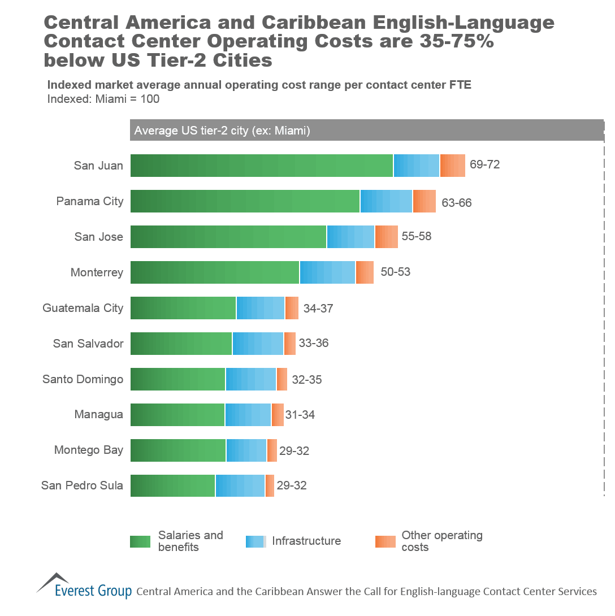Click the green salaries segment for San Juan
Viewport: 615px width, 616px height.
(262, 166)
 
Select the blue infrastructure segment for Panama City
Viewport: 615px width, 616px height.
(386, 201)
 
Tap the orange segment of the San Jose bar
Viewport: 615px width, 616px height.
(386, 237)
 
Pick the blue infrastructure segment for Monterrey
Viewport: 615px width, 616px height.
(327, 272)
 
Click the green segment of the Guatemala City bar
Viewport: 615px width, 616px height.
(183, 308)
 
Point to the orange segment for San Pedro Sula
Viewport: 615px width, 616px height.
(270, 486)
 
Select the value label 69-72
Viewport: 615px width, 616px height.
(484, 165)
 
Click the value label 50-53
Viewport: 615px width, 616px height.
(395, 272)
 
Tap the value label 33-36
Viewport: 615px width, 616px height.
(314, 343)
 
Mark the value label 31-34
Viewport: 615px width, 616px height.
(300, 415)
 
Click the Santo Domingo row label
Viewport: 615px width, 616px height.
(83, 379)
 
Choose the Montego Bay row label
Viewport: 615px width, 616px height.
(88, 450)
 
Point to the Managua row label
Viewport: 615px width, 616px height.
(98, 415)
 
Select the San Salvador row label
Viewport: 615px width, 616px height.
(88, 344)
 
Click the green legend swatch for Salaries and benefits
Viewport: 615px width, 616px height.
(140, 541)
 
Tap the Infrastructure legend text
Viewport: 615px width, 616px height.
(306, 541)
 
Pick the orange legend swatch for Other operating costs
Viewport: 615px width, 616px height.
(385, 541)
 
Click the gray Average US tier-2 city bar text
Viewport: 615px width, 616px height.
(222, 131)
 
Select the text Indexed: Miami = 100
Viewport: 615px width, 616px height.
(103, 99)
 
